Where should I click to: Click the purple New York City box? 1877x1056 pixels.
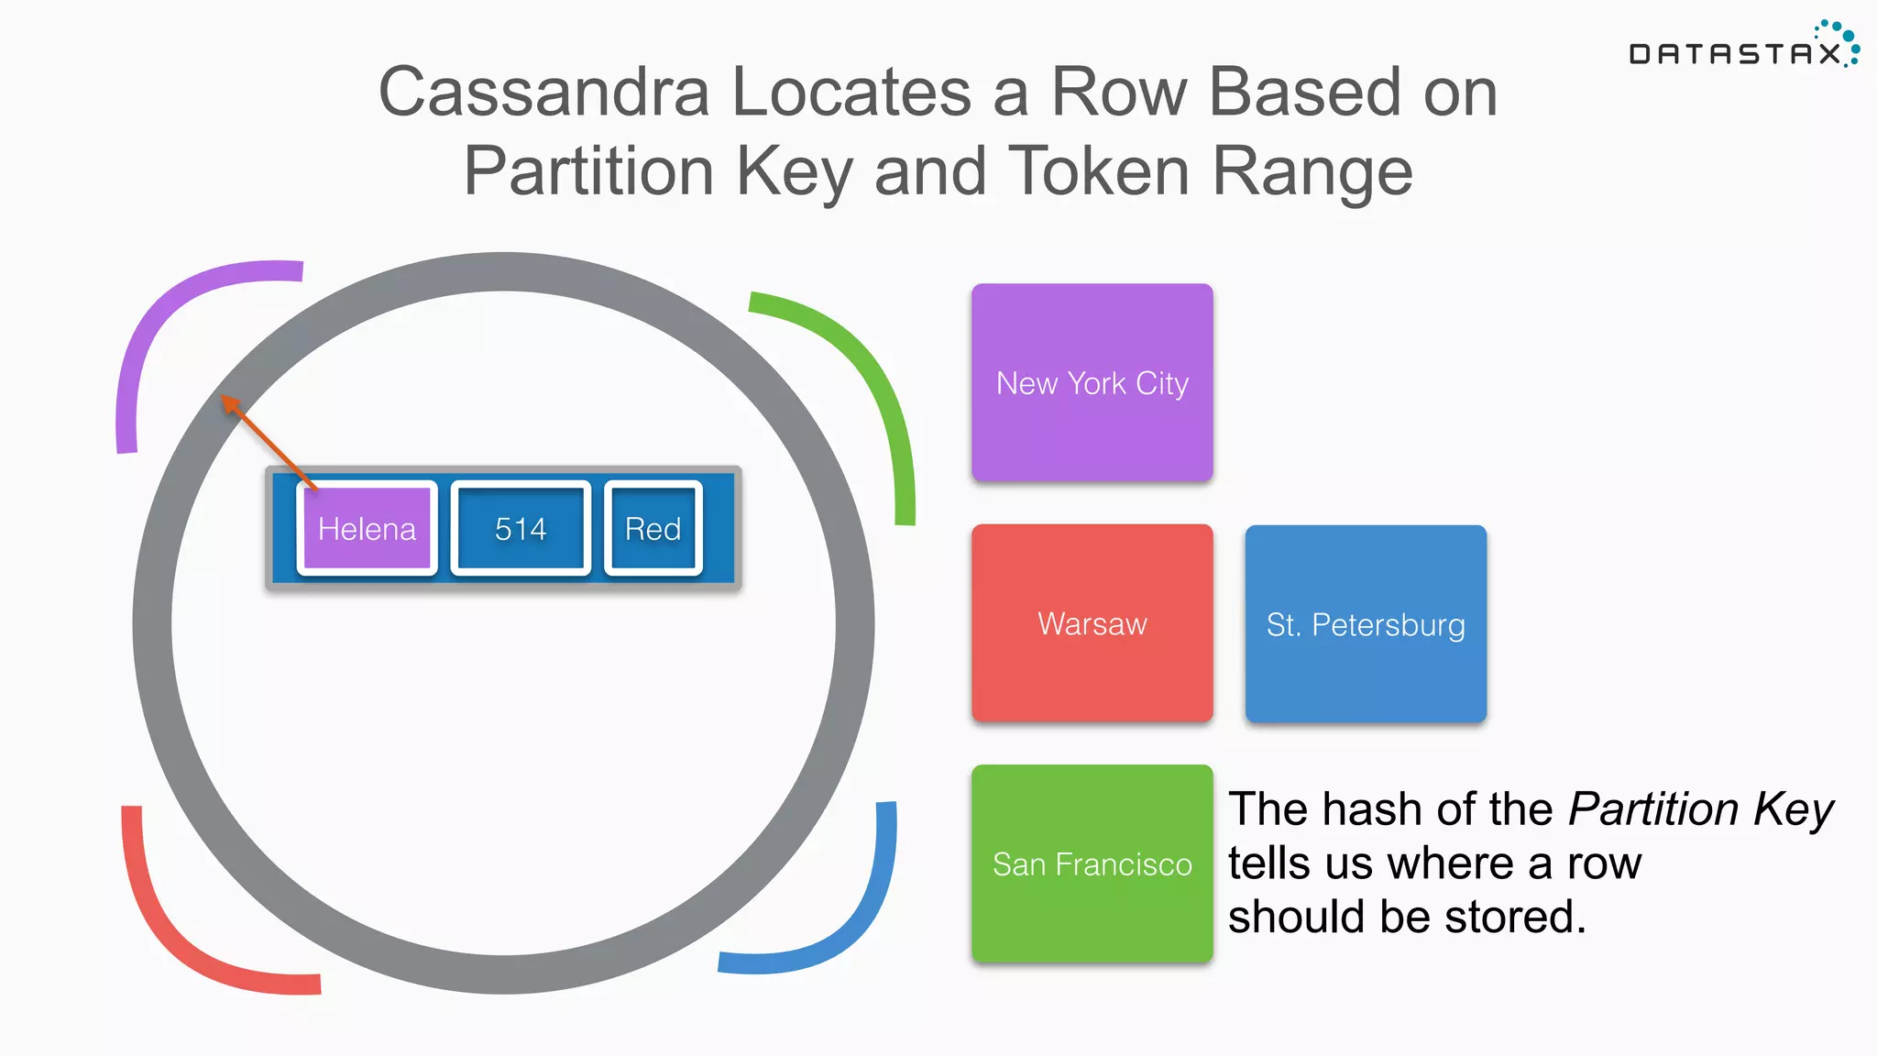pos(1092,383)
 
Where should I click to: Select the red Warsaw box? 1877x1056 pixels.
pos(1092,623)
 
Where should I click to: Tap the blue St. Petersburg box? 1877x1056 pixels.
pos(1365,624)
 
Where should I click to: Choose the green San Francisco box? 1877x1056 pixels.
pos(1092,863)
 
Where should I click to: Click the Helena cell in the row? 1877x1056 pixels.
pos(367,529)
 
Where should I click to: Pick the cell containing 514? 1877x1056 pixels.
pos(520,529)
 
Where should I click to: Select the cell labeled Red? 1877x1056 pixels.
pos(653,529)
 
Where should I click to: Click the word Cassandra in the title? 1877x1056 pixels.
pos(543,92)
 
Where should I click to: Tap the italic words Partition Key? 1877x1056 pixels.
pos(1700,809)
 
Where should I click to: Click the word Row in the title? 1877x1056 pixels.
pos(1118,92)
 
